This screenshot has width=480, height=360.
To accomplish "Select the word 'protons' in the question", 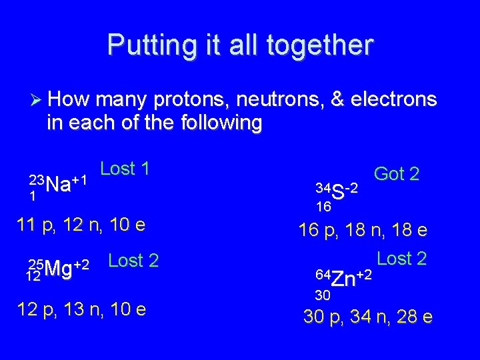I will point(190,100).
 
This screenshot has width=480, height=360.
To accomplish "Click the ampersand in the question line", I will point(338,100).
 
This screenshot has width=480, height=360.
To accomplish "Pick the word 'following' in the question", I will point(219,123).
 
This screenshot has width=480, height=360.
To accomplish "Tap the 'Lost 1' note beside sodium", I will point(125,169).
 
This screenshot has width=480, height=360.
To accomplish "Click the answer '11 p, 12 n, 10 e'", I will point(81,225).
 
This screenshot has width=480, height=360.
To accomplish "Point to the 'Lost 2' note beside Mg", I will point(133,261).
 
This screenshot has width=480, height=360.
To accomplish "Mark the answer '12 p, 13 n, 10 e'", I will point(81,310).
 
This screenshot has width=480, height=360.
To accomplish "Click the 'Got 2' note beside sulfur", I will point(397,174).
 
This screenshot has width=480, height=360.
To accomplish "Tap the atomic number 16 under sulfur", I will point(324,207).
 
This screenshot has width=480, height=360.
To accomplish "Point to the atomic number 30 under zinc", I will point(323,294).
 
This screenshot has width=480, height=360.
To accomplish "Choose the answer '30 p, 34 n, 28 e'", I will point(367,317).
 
